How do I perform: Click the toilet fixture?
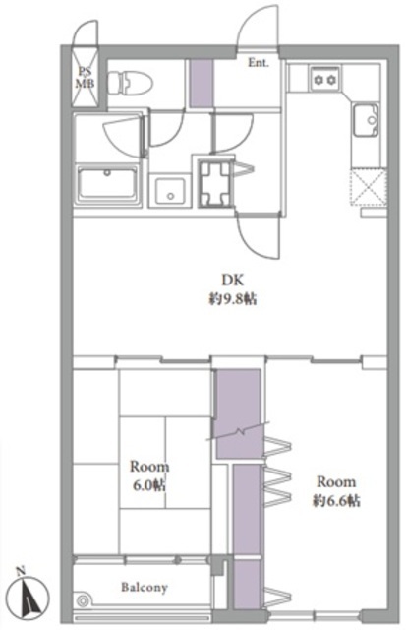pos(131,84)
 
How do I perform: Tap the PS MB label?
pos(86,78)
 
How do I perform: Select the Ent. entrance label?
pos(259,63)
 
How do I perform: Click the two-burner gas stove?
pos(324,79)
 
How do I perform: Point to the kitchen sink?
pos(366,120)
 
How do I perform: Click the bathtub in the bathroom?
pos(107,184)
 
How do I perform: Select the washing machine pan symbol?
pos(216,183)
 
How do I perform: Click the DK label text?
pos(233,280)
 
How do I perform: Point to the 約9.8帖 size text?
pos(233,299)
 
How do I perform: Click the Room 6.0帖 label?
pos(149,475)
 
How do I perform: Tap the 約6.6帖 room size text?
pos(336,501)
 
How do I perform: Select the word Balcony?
pos(145,588)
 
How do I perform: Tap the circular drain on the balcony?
pos(83,601)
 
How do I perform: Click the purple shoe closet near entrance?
pos(201,83)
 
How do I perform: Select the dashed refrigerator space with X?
pos(369,188)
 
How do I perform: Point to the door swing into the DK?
pos(257,238)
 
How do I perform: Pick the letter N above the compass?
pos(21,570)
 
